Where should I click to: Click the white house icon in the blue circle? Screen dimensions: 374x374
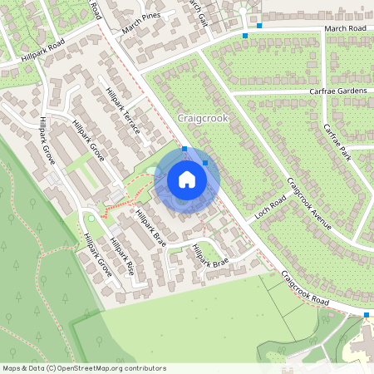pos(187,180)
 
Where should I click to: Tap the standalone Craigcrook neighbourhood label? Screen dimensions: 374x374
pos(203,119)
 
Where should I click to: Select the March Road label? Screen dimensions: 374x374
pos(346,28)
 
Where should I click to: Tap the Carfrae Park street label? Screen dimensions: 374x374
pos(338,142)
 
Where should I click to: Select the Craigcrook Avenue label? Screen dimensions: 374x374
pos(309,204)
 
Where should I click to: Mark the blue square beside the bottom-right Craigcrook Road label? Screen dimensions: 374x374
pos(367,315)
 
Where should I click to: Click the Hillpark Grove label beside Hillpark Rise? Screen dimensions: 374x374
pos(97,254)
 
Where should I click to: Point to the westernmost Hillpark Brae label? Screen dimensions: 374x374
pos(150,226)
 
